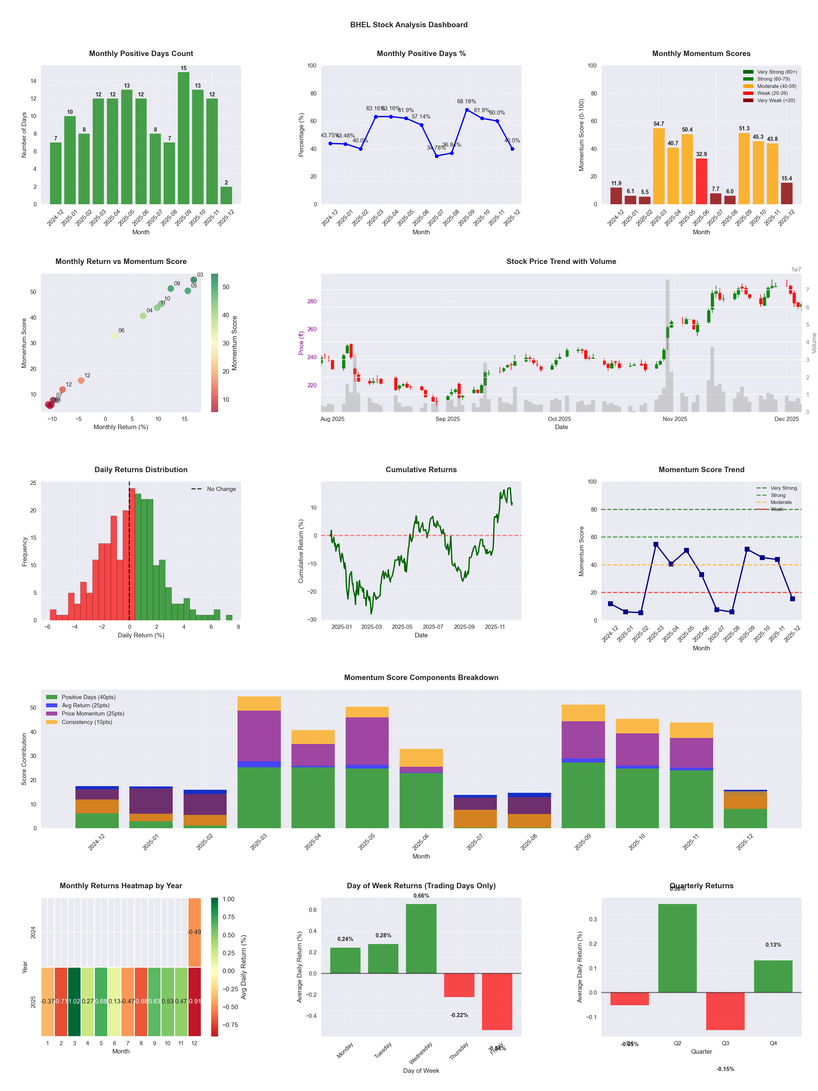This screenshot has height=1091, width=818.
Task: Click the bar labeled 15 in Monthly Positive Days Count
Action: tap(183, 138)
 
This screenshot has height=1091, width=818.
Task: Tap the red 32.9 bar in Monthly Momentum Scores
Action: tap(701, 181)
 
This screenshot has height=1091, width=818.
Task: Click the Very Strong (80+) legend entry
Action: tap(776, 72)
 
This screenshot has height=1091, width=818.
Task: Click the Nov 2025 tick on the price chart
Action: tap(674, 419)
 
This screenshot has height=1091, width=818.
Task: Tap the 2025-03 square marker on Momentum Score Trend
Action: tap(656, 545)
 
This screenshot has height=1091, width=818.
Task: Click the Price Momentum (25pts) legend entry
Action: tap(93, 713)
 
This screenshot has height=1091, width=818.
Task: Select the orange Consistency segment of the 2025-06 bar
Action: tap(421, 758)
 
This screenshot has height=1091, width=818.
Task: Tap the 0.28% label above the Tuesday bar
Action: tap(383, 935)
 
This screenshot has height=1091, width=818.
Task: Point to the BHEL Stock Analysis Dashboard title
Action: tap(408, 25)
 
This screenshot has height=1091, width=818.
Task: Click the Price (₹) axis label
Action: tap(301, 343)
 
